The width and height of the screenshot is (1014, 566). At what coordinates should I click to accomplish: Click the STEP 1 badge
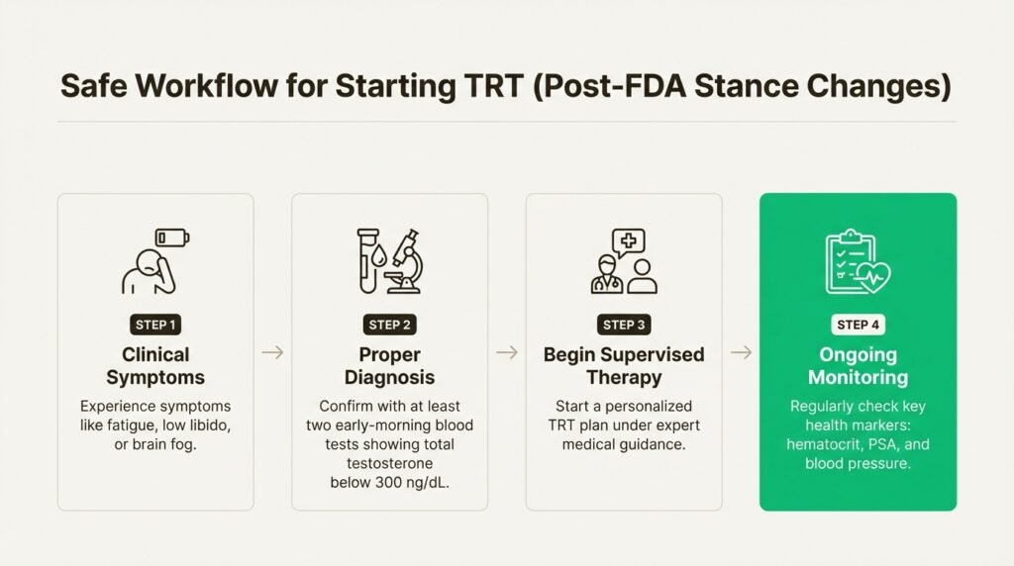click(155, 325)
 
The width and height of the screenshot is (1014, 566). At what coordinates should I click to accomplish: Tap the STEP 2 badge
click(389, 325)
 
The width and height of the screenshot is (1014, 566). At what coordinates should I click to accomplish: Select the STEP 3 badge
click(624, 325)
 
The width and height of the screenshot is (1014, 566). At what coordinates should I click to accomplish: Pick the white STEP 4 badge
click(858, 325)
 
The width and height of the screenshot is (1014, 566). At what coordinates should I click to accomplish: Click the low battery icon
click(173, 238)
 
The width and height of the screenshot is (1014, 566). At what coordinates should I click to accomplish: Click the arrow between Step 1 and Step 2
click(272, 352)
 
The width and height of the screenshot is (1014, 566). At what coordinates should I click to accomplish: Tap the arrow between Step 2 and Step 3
click(506, 352)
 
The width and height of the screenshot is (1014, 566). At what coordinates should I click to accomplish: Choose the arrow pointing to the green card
click(741, 352)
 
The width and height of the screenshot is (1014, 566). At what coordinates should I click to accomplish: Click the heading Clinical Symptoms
click(155, 365)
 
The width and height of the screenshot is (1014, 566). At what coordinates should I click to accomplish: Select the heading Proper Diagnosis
click(389, 365)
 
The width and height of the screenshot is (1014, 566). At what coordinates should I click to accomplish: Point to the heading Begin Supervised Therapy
click(624, 365)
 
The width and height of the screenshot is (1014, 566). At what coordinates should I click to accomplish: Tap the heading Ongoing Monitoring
click(858, 365)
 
